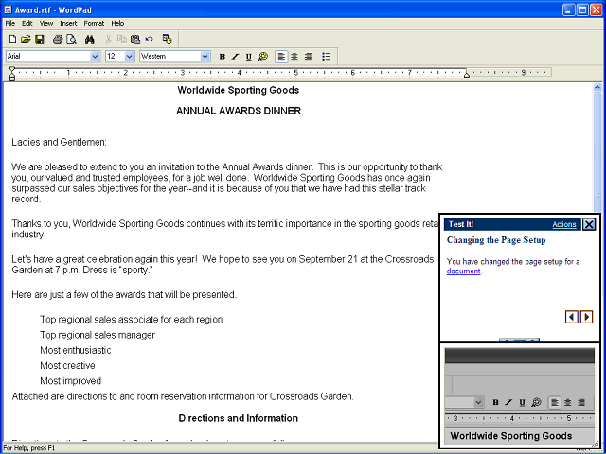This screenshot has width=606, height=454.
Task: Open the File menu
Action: point(9,23)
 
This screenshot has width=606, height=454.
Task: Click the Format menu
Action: point(94,23)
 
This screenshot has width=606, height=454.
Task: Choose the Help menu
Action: point(117,23)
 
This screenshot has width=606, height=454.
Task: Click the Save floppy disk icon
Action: point(39,39)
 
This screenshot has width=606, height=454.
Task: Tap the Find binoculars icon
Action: point(89,39)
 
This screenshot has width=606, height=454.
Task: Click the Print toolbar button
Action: point(57,39)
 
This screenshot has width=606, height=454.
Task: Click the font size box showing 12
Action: point(119,57)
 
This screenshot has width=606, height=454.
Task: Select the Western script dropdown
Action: point(174,57)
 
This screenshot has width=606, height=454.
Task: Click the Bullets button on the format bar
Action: point(326,57)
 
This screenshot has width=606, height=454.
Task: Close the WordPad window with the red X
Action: point(596,9)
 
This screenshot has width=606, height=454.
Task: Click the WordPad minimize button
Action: point(567,9)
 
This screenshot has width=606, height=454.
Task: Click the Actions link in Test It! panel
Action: point(563,225)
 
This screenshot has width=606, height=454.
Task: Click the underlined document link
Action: point(464,271)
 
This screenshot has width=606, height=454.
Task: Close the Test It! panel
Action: point(589,225)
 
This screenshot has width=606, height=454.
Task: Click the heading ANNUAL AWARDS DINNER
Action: point(238,111)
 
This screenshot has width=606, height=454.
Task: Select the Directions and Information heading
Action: point(238,418)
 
